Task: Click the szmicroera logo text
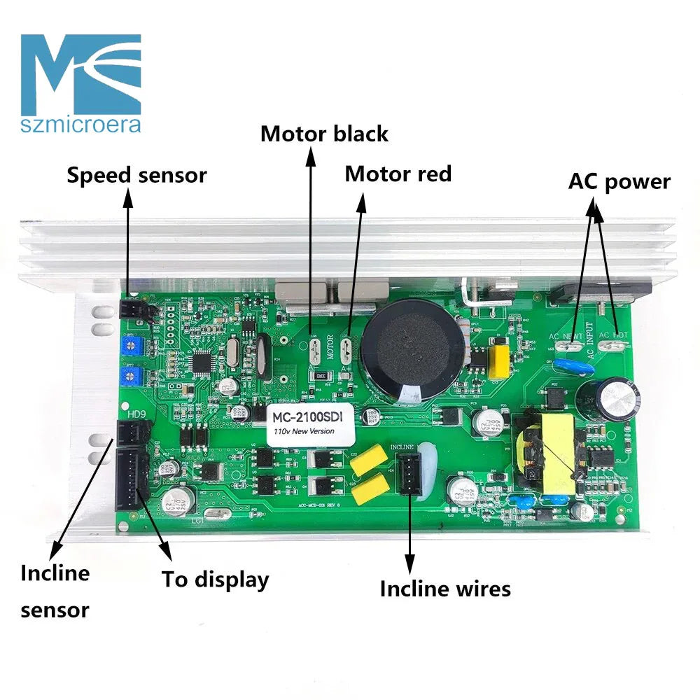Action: click(80, 125)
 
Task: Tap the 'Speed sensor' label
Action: click(136, 174)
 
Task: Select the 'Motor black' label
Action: click(324, 133)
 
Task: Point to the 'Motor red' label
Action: click(398, 174)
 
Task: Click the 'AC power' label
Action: click(619, 181)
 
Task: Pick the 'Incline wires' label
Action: click(445, 589)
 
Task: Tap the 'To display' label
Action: click(216, 580)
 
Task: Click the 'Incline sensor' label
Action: click(55, 591)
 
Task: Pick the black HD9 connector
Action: click(129, 435)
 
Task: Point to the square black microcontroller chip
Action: click(202, 362)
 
